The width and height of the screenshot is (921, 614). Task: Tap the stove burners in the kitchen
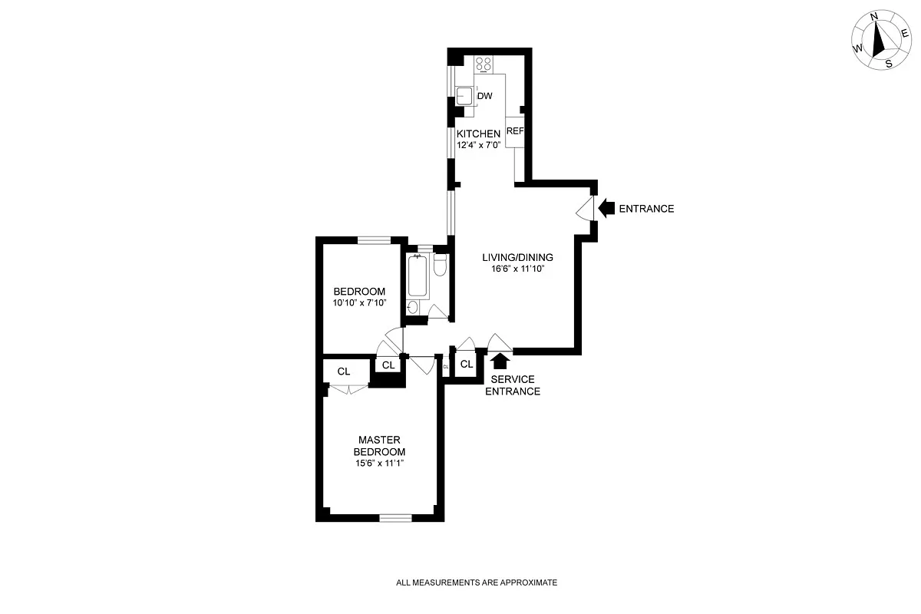coord(484,65)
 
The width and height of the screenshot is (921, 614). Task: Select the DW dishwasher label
coord(485,96)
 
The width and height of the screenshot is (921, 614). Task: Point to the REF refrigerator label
coord(514,131)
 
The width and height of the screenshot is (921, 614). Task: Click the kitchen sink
coord(464,96)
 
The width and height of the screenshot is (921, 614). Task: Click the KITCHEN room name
coord(478,134)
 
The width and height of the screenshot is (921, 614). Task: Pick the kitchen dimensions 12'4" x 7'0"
coord(478,145)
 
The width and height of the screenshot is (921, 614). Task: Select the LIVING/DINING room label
coord(517,257)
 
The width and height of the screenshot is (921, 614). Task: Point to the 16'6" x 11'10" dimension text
coord(517,269)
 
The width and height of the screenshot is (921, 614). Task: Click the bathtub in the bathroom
coord(418,275)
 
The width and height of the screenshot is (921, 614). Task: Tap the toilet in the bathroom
coord(440,265)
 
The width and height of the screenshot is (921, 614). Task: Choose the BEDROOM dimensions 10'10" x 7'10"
coord(358,303)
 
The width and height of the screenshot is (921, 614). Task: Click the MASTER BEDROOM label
coord(379,446)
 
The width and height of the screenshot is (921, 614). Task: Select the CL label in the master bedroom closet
coord(344,371)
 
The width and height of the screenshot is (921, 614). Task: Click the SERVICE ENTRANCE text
coord(515,385)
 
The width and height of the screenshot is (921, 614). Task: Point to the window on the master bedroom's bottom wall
coord(395,518)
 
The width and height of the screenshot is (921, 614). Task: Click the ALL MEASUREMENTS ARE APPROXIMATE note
coord(476,583)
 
